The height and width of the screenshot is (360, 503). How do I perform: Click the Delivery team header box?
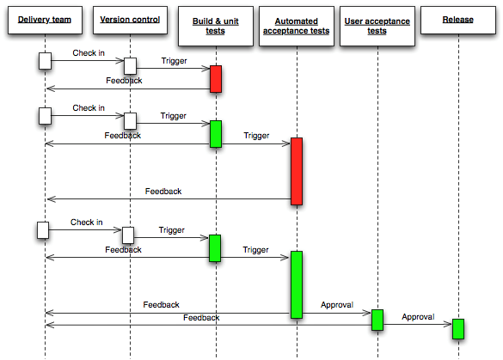44,21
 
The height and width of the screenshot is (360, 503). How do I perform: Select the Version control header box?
129,21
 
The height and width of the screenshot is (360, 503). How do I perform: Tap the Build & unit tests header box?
215,26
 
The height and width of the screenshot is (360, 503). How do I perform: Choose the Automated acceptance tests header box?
295,26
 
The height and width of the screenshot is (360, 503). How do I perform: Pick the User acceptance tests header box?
377,26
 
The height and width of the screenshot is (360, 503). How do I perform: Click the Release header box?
457,21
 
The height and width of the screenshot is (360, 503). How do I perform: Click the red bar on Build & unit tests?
215,78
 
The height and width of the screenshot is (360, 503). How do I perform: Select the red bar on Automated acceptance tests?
296,170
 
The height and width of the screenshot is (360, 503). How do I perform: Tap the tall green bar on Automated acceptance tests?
296,284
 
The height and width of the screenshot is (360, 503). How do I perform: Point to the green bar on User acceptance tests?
377,320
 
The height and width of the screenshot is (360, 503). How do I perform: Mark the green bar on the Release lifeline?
458,328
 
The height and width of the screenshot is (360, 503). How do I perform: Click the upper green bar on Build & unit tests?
215,133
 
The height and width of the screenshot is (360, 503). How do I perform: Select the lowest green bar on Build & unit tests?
215,247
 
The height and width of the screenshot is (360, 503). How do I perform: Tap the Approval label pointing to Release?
418,316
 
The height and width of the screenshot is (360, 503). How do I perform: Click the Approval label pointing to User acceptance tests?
336,305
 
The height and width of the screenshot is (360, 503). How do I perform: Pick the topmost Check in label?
89,54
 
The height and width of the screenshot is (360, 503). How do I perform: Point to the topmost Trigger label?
174,62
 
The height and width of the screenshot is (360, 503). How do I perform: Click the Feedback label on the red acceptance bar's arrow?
163,192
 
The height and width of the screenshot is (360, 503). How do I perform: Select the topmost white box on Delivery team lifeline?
45,60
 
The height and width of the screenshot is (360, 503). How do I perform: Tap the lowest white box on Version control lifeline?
128,235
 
